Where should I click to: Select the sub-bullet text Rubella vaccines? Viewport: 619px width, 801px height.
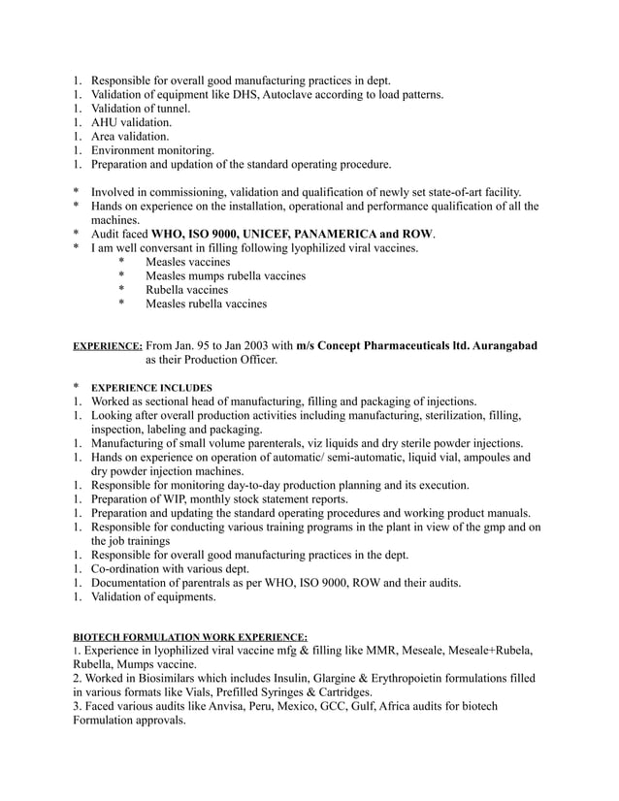[x=187, y=290]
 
